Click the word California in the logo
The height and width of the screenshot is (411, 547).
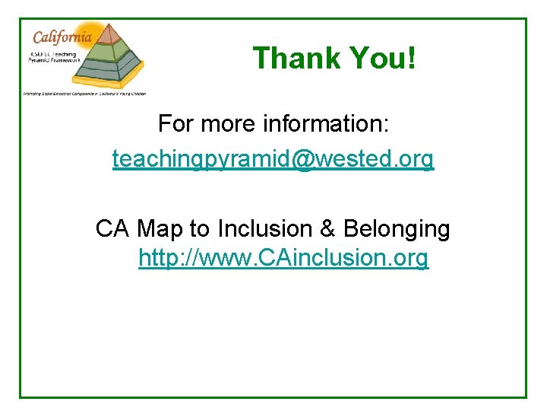63,37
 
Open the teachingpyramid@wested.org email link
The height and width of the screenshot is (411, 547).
273,159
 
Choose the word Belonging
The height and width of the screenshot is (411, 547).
397,229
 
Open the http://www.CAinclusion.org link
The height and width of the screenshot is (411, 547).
283,259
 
